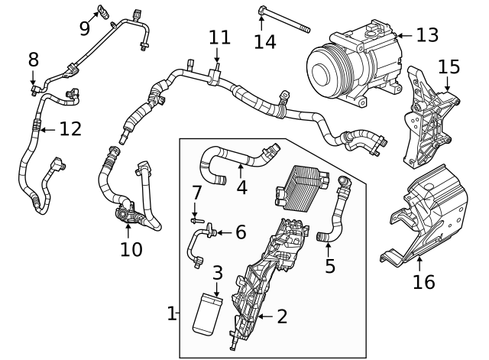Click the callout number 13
coord(428,34)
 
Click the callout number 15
coord(449,66)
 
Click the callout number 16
coord(423,282)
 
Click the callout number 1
coord(172,313)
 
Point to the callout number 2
coord(281,314)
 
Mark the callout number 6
coord(240,232)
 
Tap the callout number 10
coord(131,248)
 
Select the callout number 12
coord(70,129)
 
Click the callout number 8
coord(33,59)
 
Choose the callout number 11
coord(219,37)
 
